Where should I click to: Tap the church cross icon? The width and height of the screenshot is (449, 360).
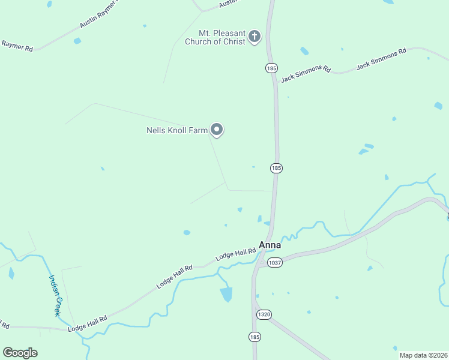pos(255,37)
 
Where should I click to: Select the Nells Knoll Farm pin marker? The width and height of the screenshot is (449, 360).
pos(217,129)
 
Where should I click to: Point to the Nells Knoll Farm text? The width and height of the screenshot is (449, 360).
pos(177,130)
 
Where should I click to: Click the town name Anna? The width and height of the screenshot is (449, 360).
pos(270,245)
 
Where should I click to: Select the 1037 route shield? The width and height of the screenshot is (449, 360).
pos(275,263)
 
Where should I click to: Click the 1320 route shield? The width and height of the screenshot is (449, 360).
pos(264,314)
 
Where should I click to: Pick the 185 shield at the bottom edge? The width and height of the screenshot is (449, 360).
pos(255,337)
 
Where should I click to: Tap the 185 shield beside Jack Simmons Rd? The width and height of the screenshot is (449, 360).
pos(272,68)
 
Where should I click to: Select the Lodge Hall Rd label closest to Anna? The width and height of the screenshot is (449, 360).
pos(236,254)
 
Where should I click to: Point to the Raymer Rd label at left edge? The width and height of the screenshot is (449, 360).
pos(17,45)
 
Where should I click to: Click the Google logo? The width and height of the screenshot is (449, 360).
pos(20,353)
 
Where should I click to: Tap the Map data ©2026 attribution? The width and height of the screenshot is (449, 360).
pos(423,355)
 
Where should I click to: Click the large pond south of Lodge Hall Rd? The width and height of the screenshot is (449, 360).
pos(226,294)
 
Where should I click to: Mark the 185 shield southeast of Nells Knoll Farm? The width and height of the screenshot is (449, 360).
pos(276,169)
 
